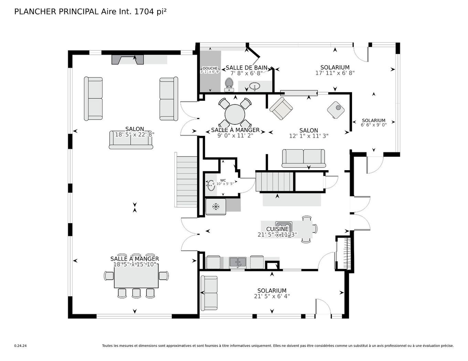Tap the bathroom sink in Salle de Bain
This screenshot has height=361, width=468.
tap(255, 86)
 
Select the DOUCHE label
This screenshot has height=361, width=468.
tap(210, 68)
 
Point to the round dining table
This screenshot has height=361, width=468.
tap(235, 114)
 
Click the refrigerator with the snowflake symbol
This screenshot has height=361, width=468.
tap(216, 207)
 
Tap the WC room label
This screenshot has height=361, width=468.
tap(223, 180)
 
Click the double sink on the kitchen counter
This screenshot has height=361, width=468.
tap(237, 263)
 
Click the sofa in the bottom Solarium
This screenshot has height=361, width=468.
tap(209, 293)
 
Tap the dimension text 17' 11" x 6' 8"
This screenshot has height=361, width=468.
tap(335, 73)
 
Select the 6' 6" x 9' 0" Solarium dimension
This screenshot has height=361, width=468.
tap(374, 125)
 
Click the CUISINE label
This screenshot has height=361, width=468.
tap(277, 229)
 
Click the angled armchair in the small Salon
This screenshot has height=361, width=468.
tap(281, 109)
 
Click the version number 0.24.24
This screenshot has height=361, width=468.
tap(20, 346)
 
